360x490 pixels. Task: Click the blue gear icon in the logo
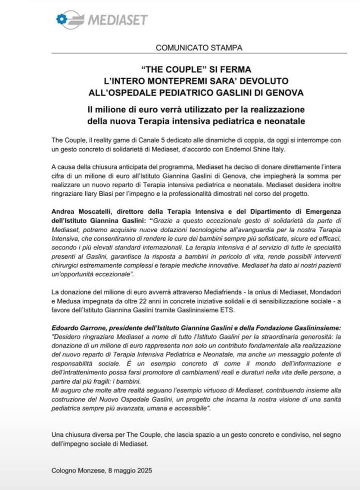(x=61, y=19)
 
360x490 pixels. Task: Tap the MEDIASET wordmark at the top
(x=117, y=20)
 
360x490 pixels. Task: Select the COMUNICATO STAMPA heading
(x=199, y=48)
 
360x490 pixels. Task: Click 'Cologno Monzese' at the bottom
(x=77, y=470)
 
